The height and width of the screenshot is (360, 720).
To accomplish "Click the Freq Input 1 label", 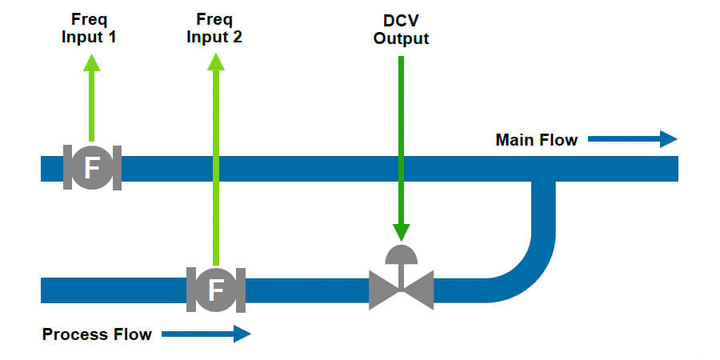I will (90, 28).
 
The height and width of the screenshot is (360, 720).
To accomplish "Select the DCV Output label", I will (401, 28).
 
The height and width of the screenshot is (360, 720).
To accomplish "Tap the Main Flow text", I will (536, 140).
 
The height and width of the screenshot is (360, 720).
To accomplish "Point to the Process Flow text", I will (97, 334).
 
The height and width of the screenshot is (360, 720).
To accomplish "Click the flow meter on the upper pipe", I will (92, 168).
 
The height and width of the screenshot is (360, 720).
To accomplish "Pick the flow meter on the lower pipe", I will (215, 290).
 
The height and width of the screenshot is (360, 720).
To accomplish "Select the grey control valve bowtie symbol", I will (401, 290).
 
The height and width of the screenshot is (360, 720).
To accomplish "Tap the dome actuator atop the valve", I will (401, 254).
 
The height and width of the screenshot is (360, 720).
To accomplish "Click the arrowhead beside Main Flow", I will (668, 140).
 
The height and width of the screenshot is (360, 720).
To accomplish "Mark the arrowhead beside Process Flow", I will (242, 334).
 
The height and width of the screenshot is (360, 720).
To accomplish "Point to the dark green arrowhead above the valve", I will (401, 232).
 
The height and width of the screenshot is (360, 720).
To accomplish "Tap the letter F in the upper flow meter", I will (92, 168).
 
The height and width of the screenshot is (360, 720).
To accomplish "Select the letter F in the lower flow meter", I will (215, 290).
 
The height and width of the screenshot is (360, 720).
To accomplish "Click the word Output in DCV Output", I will (401, 38).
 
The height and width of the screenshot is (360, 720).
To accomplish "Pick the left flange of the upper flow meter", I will (68, 168).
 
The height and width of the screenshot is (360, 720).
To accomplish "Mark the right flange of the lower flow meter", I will (240, 290).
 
